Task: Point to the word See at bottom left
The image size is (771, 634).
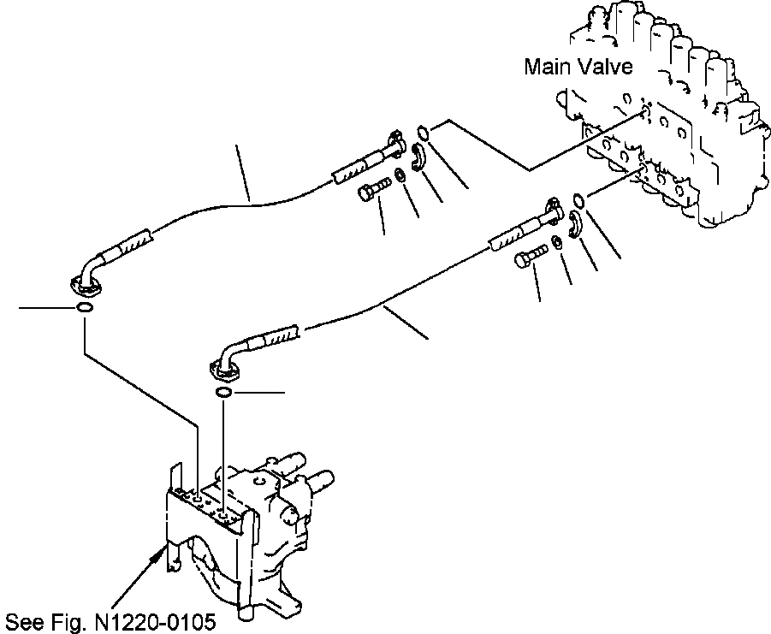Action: (23, 620)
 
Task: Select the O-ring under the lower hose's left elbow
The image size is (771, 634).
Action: (223, 392)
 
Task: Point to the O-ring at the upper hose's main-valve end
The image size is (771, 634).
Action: (423, 131)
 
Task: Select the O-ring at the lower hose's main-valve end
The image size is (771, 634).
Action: (580, 202)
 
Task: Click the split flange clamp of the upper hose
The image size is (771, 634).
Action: (418, 157)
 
